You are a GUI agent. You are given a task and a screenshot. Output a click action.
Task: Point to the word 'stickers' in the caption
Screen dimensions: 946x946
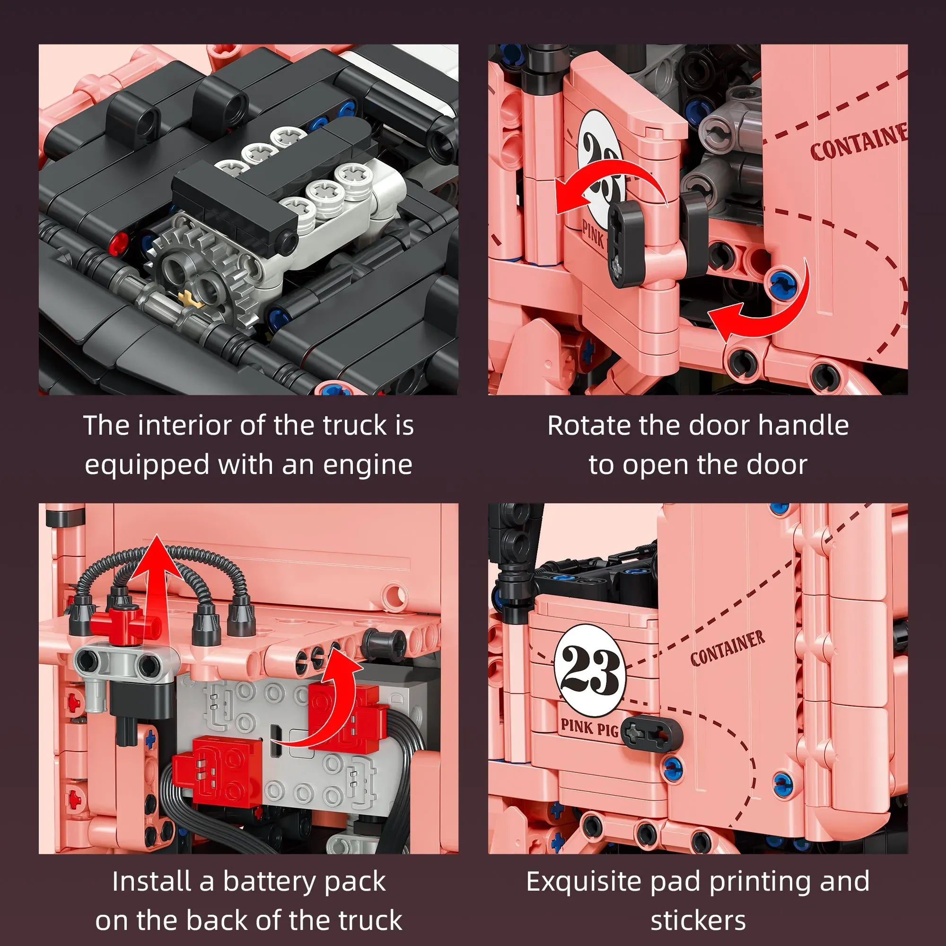[698, 920]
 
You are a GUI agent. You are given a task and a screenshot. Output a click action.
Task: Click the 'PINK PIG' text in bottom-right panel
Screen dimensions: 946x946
[589, 727]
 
